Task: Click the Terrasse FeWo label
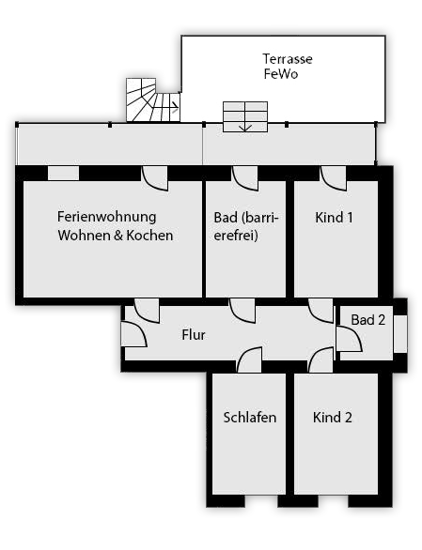[x=288, y=67]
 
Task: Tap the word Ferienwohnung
[x=107, y=217]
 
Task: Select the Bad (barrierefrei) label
[x=246, y=226]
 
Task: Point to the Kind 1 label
[x=334, y=218]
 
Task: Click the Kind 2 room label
[x=333, y=418]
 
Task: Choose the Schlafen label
[x=250, y=418]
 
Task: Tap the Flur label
[x=194, y=335]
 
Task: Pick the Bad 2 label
[x=367, y=320]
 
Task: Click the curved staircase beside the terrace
[x=153, y=100]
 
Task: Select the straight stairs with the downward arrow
[x=245, y=116]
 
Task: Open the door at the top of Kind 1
[x=334, y=178]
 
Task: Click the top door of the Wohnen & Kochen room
[x=154, y=178]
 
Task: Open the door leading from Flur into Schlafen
[x=249, y=359]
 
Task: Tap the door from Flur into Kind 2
[x=320, y=359]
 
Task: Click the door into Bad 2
[x=349, y=339]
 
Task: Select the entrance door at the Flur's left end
[x=133, y=334]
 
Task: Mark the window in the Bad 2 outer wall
[x=400, y=334]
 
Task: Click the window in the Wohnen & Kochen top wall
[x=63, y=174]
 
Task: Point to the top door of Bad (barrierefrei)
[x=245, y=178]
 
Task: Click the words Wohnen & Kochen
[x=116, y=236]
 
